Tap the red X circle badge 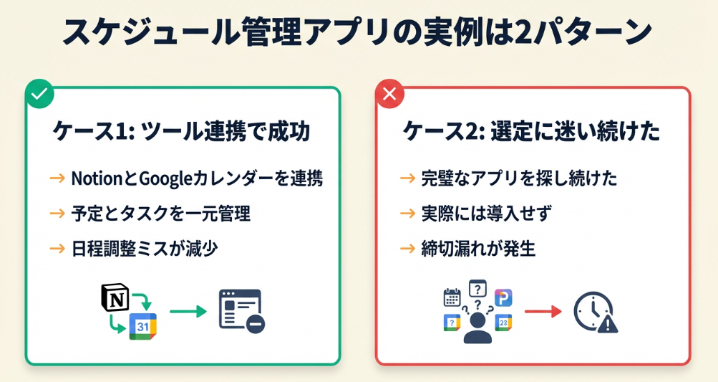(x=389, y=93)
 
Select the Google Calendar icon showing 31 (x=142, y=326)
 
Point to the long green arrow (x=188, y=312)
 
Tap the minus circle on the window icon (x=255, y=324)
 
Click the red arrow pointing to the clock (x=542, y=312)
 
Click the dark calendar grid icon (x=452, y=297)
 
